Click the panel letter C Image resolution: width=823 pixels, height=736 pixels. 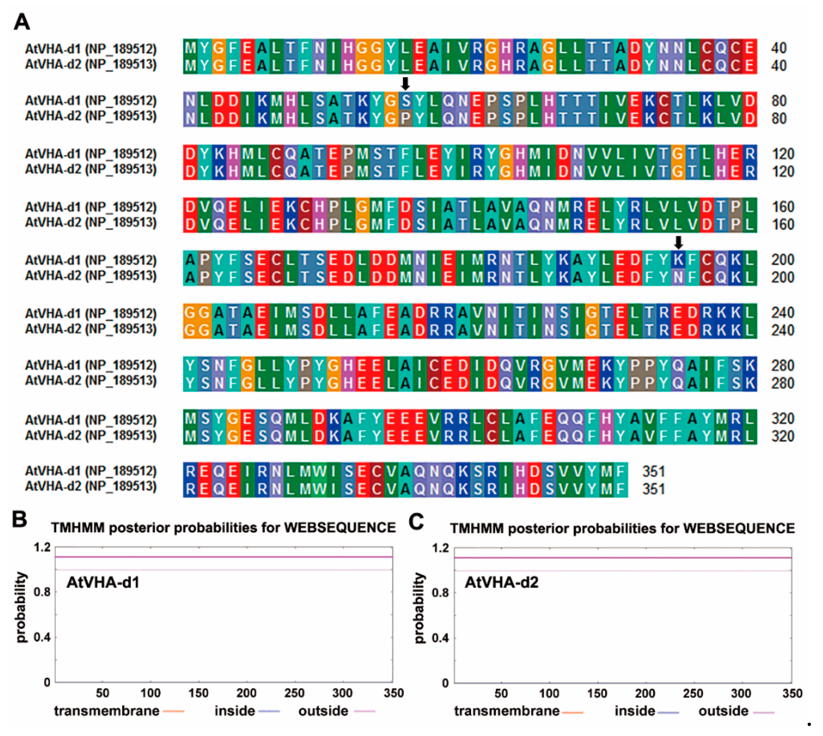pos(416,521)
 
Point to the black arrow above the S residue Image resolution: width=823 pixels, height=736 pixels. pos(405,83)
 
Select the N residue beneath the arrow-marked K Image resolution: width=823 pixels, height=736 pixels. pos(678,277)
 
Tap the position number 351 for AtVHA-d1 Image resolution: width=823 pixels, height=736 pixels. pos(654,472)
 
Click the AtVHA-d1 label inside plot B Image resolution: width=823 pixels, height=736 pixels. pos(103,582)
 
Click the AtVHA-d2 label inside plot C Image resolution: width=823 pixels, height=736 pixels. pos(501,582)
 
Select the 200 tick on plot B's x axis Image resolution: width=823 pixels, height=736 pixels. pos(246,693)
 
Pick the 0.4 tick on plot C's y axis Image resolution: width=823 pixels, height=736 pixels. pos(441,638)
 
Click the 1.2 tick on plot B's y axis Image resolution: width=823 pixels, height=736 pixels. pos(42,547)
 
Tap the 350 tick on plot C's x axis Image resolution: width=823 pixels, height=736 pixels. pos(792,693)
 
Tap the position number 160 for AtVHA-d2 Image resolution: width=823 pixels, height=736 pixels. pos(783,224)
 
